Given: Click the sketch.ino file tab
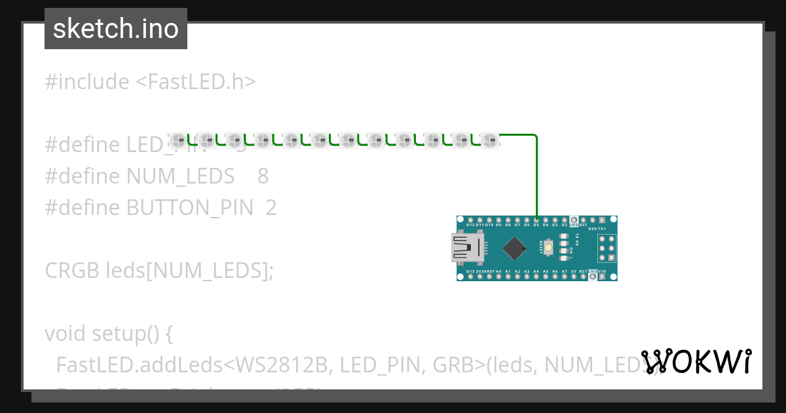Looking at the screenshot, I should [116, 29].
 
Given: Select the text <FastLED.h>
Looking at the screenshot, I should [195, 82].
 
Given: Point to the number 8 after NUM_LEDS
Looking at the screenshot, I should [263, 176].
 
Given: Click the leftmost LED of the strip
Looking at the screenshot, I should [179, 139].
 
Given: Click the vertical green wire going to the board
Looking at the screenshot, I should [536, 177].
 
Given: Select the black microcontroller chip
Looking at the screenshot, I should [515, 248].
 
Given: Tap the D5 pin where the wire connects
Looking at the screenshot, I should [536, 220].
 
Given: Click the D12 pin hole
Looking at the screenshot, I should [470, 220].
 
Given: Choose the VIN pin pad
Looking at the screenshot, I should [602, 277].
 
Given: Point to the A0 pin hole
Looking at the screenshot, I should [498, 276].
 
